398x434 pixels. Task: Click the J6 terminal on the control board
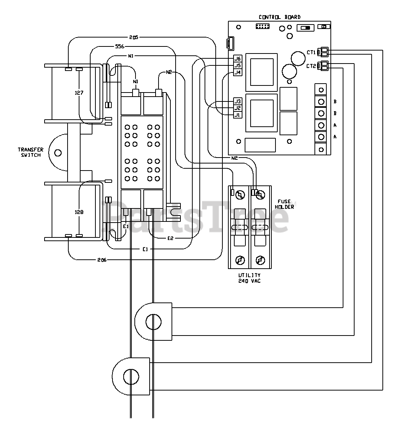tap(238, 58)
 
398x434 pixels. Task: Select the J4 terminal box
tap(238, 72)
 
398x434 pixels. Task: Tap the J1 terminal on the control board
tap(238, 115)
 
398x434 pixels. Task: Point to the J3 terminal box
tap(238, 101)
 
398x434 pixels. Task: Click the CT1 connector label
tap(311, 52)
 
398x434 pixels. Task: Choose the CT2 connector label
tap(311, 66)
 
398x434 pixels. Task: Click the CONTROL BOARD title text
tap(279, 17)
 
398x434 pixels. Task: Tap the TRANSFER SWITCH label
tap(31, 152)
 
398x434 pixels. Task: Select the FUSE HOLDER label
tap(284, 204)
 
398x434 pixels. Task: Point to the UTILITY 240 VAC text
tap(249, 278)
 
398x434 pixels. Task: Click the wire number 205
tap(134, 37)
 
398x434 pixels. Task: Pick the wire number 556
tap(120, 46)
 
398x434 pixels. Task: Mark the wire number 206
tap(102, 260)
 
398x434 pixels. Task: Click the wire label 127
tap(79, 93)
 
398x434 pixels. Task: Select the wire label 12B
tap(79, 212)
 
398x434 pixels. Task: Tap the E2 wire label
tap(170, 238)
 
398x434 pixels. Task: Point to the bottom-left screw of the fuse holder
tap(239, 260)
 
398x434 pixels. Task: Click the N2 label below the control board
tap(234, 158)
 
